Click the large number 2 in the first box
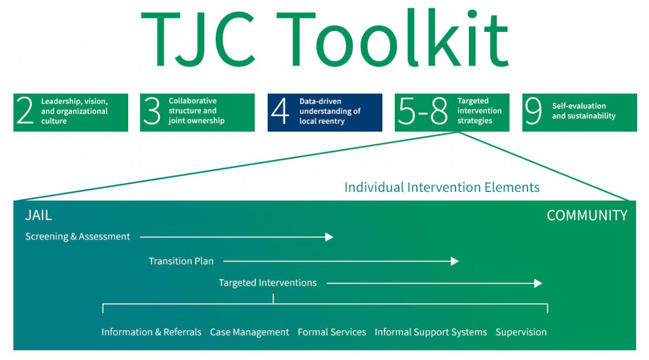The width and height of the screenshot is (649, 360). coord(25,112)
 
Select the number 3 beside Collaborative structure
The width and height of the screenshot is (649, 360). coord(152,112)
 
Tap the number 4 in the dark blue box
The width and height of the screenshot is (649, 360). coord(280,112)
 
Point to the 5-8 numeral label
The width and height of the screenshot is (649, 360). coord(422,112)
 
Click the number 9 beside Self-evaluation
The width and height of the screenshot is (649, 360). coord(533,112)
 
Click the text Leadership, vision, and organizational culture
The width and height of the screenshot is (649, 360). coord(74,111)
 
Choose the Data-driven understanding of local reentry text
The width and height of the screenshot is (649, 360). coord(330,111)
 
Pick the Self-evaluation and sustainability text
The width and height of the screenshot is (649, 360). coord(584,111)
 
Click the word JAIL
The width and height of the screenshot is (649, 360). coord(38,215)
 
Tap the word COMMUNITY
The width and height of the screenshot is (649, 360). coord(587,215)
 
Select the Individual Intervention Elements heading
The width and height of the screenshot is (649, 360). coord(442,187)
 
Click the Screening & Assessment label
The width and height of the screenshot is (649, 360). coord(78,236)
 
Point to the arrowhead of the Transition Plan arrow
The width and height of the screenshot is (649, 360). coord(455,261)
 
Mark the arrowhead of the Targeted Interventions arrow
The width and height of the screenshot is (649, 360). coord(538,283)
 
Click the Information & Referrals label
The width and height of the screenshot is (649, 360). coord(151,332)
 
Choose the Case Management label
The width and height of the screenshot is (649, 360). coord(249,332)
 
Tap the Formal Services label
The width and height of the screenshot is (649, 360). coord(332,332)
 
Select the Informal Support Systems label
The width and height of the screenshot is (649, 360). coord(431,332)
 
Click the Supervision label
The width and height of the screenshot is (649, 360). coord(521,332)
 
